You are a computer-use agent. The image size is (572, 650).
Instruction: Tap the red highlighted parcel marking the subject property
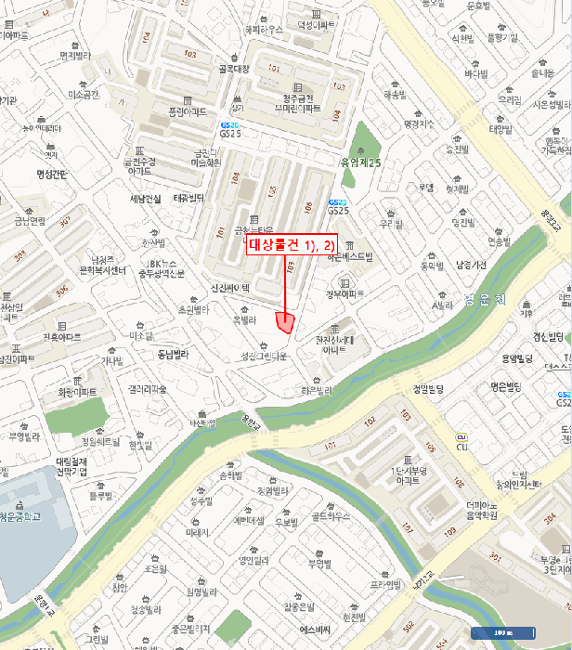[286, 322]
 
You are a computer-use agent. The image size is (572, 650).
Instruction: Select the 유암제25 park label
[362, 163]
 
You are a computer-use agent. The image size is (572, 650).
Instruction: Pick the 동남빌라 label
[172, 354]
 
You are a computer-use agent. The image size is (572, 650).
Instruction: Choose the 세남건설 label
[146, 199]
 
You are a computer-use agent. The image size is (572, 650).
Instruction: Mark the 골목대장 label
[234, 68]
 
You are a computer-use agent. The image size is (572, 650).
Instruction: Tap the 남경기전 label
[471, 264]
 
